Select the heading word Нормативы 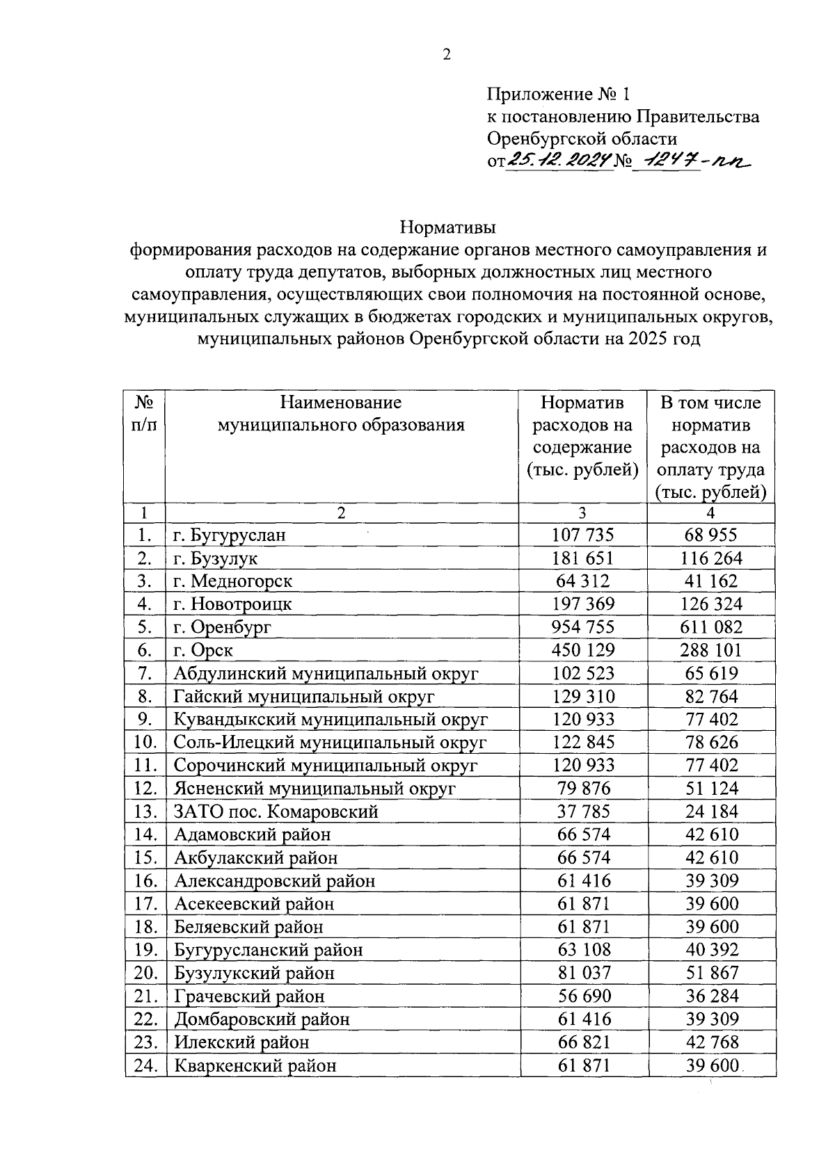coord(447,227)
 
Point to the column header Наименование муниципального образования coord(341,413)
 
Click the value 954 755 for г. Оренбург coord(582,627)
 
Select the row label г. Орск coord(203,650)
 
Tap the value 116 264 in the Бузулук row coord(711,558)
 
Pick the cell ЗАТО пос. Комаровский coord(276,811)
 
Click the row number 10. coord(145,742)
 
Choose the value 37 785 coord(583,811)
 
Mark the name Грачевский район coord(249,996)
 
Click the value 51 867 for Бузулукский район coord(711,973)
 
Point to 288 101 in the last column coord(711,650)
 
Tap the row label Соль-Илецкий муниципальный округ coord(330,742)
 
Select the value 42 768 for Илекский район coord(711,1042)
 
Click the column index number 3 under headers coord(582,513)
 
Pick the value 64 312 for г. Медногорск coord(583,581)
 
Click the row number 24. coord(145,1065)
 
